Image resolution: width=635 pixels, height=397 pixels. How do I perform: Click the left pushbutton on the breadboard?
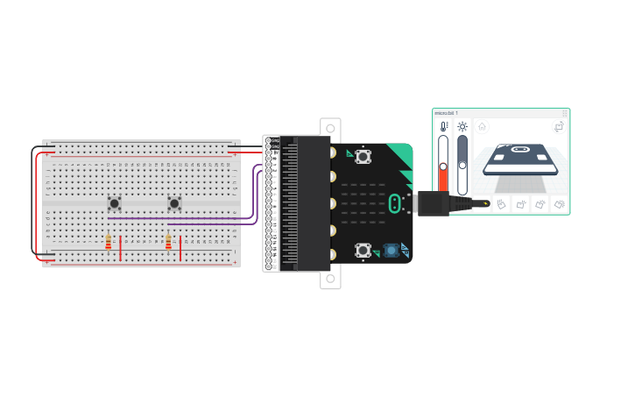[114, 203]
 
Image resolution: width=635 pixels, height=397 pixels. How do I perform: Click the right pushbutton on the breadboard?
[174, 203]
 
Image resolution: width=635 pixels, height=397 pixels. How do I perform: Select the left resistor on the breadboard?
[109, 242]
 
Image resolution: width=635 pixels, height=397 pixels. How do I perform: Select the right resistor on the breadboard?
[168, 242]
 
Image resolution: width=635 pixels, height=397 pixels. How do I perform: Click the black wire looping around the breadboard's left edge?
[35, 202]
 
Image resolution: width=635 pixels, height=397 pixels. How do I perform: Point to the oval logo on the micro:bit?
[396, 203]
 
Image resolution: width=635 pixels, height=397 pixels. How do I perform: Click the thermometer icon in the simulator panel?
[443, 127]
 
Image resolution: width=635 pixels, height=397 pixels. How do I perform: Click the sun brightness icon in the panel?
[462, 127]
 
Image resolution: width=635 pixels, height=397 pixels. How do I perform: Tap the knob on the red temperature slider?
[443, 167]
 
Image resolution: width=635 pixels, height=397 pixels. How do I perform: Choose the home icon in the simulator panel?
[482, 126]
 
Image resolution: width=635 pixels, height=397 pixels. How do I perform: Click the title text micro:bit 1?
[447, 113]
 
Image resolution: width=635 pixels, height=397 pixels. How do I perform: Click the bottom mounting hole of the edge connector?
[330, 280]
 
